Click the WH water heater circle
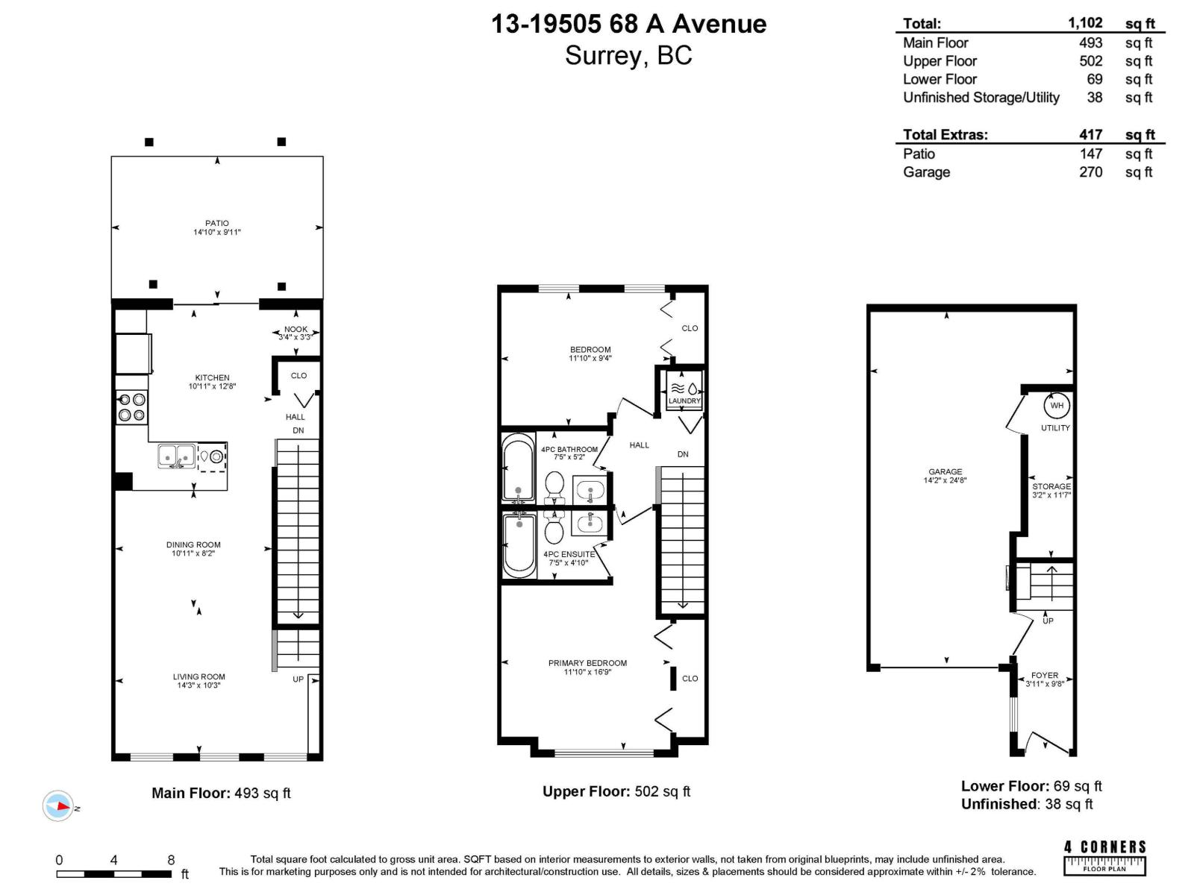[x=1057, y=406]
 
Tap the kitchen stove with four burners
[x=131, y=407]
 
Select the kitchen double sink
[x=177, y=456]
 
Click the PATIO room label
[x=217, y=223]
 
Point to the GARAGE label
[x=945, y=471]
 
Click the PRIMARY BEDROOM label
[x=587, y=663]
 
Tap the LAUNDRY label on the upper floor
[x=684, y=401]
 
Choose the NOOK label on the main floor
[x=296, y=330]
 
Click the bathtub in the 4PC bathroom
[x=519, y=467]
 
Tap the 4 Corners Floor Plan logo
[x=1104, y=858]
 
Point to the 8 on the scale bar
[x=171, y=860]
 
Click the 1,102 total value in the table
[x=1085, y=23]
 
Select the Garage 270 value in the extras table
[x=1091, y=172]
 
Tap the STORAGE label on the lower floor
[x=1051, y=486]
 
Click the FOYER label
[x=1045, y=676]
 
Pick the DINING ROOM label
[x=193, y=544]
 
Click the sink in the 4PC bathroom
[x=589, y=491]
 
